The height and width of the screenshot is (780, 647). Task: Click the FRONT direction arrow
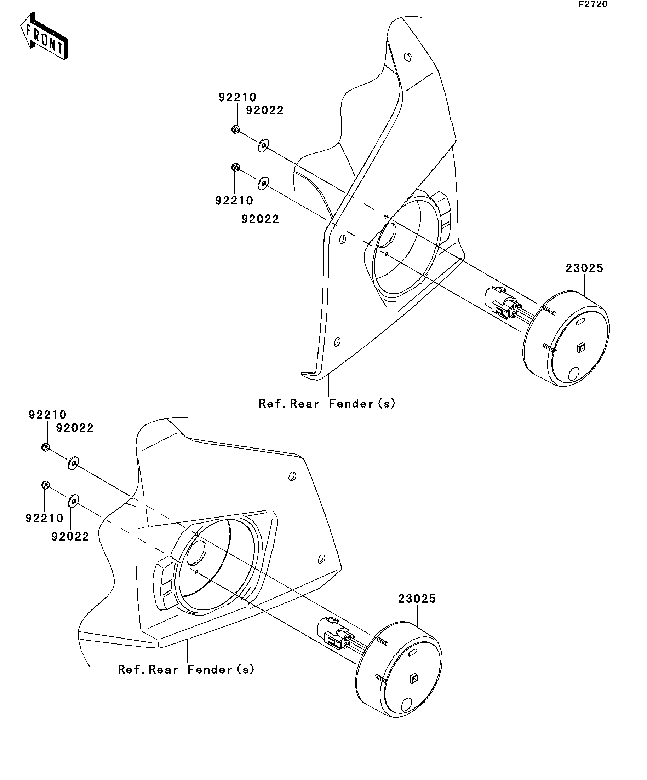click(44, 36)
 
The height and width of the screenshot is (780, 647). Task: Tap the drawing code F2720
click(592, 5)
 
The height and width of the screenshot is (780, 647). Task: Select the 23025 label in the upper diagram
click(584, 268)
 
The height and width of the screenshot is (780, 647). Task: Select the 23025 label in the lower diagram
click(417, 599)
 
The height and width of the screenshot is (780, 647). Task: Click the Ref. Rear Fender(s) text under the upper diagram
click(327, 403)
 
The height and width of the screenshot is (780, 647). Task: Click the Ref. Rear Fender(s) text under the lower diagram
click(186, 669)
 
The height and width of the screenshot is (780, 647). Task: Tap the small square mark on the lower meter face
click(414, 678)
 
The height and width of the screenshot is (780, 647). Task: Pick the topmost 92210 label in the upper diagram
click(237, 97)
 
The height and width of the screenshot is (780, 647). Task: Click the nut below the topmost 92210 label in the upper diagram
click(235, 129)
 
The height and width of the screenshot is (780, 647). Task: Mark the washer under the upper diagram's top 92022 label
click(263, 145)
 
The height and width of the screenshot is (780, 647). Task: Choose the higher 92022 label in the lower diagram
click(75, 428)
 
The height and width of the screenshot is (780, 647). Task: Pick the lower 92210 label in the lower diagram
click(44, 518)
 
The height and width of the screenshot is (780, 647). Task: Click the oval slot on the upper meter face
click(580, 323)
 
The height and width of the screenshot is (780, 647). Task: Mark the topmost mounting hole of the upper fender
click(408, 57)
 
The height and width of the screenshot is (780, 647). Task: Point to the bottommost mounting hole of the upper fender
click(337, 341)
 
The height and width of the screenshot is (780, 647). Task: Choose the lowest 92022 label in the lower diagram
click(70, 537)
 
